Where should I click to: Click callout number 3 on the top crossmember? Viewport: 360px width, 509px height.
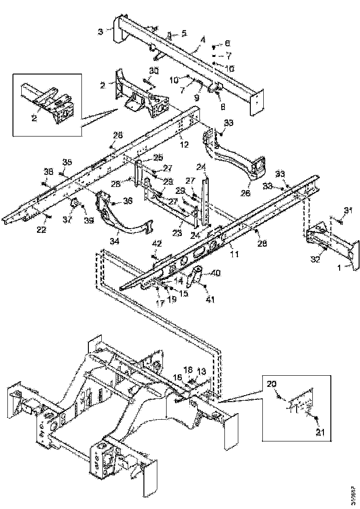100,31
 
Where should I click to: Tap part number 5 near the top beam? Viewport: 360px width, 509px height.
184,33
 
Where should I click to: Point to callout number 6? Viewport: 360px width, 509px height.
227,43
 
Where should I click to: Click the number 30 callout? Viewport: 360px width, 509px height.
154,70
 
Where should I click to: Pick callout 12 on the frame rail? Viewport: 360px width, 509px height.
184,144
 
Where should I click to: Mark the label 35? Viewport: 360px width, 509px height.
68,162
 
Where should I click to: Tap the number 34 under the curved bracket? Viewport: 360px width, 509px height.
114,241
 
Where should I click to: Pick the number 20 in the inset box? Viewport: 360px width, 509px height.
272,384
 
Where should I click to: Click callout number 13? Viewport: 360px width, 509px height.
201,371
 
